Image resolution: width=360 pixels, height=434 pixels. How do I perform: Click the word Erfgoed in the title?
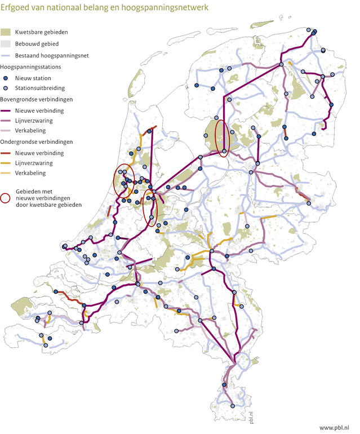(16, 8)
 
